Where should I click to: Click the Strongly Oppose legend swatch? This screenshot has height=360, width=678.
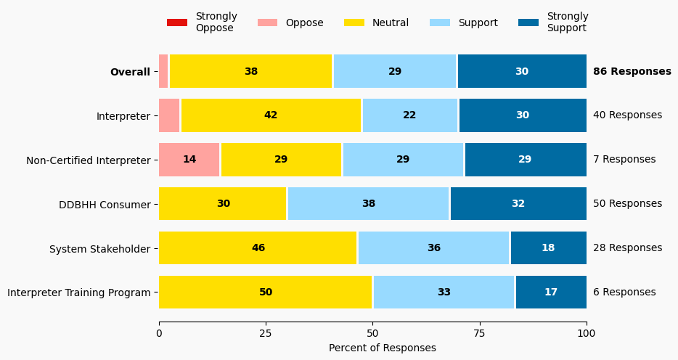point(176,22)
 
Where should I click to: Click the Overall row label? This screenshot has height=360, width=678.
point(130,72)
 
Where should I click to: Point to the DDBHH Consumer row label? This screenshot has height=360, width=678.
point(105,205)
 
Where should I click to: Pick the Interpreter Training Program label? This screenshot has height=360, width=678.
point(79,292)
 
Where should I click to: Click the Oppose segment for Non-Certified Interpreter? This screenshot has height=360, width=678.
point(189,160)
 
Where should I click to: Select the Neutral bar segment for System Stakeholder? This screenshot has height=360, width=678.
point(258,248)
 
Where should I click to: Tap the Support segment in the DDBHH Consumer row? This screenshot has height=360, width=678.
point(369,204)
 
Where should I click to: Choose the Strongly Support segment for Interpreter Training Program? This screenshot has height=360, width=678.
point(551,292)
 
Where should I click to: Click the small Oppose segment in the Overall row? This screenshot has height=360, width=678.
point(163,71)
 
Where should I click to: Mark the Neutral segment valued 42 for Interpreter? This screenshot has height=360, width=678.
point(271,115)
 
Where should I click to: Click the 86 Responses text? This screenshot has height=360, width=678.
point(632,71)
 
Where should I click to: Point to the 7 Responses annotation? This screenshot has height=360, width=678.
point(624,160)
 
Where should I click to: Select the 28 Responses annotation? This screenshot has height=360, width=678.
point(627,248)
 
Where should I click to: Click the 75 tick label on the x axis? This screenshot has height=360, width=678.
point(480,334)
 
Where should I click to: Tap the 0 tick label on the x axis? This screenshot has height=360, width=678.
point(159,334)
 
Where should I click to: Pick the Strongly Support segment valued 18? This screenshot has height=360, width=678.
point(548,248)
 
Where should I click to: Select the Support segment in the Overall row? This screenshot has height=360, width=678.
point(395,71)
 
